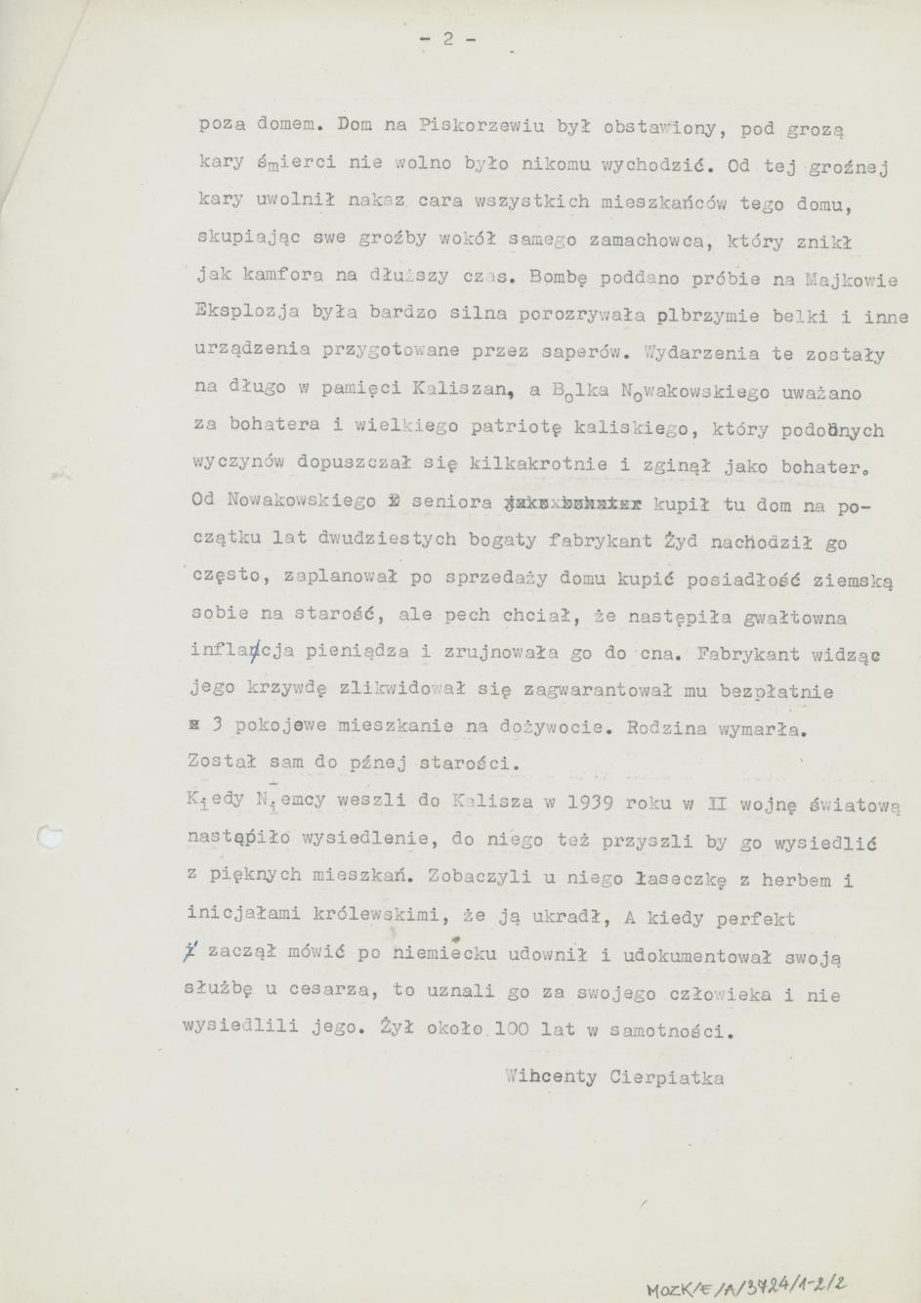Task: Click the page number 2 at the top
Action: (448, 40)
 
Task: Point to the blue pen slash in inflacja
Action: (253, 654)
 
